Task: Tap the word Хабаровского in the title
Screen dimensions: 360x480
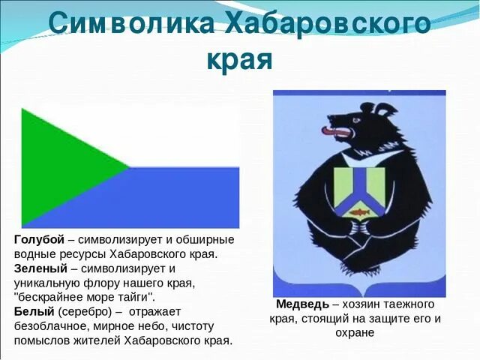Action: pyautogui.click(x=327, y=24)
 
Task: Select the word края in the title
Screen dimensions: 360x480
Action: pyautogui.click(x=239, y=59)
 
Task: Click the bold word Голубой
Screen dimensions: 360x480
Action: pyautogui.click(x=39, y=239)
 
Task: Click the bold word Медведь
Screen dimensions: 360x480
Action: pyautogui.click(x=302, y=304)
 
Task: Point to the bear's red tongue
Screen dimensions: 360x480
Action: pyautogui.click(x=329, y=132)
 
